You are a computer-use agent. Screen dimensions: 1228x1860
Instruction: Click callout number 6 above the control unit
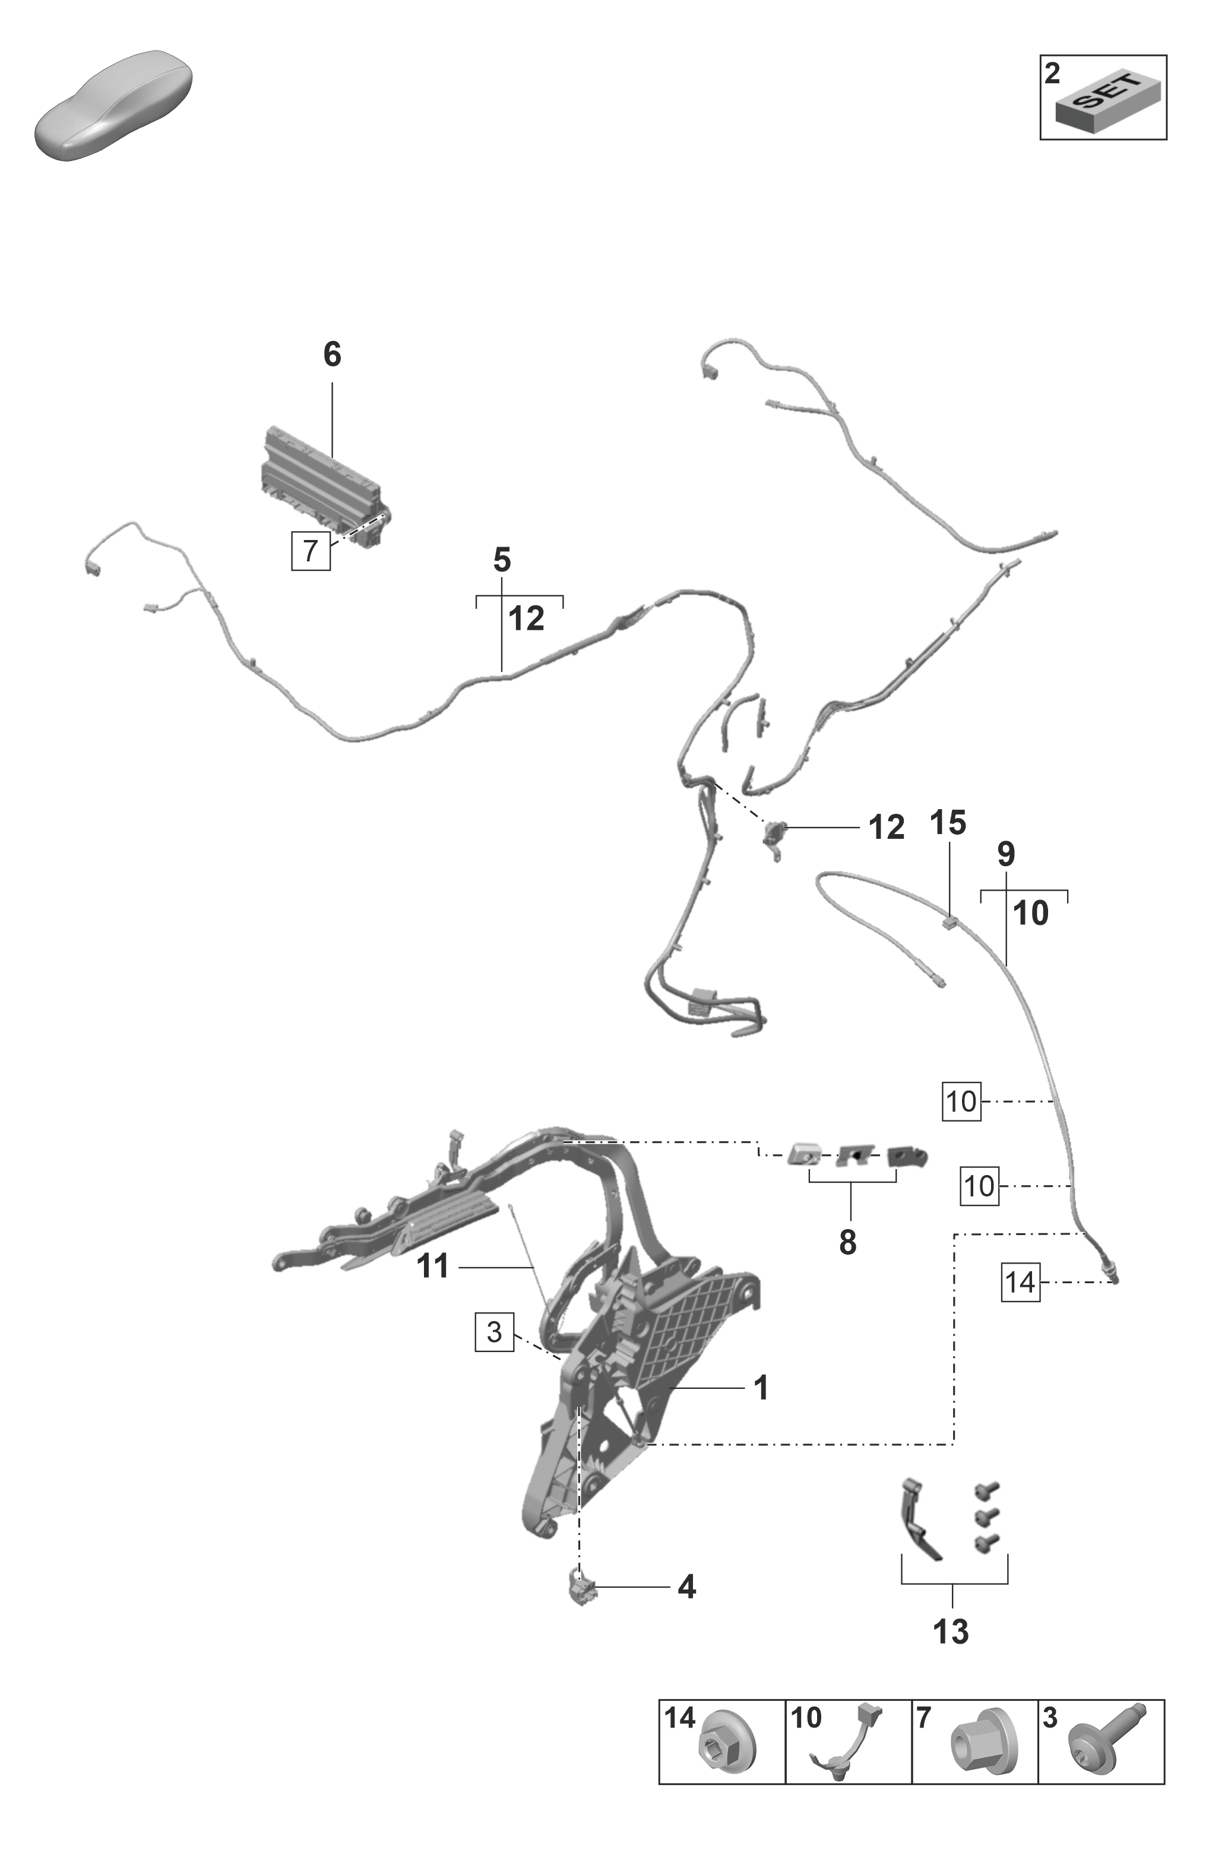click(332, 355)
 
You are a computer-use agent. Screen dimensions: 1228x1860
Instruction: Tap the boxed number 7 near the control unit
click(310, 551)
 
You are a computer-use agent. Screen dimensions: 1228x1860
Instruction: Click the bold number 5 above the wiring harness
click(502, 561)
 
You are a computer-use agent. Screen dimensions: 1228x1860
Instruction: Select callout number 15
click(948, 823)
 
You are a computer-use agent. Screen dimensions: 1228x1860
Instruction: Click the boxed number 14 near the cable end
click(1020, 1283)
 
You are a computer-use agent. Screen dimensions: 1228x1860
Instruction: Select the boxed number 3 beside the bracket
click(494, 1331)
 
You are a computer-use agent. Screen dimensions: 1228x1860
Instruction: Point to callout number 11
click(433, 1266)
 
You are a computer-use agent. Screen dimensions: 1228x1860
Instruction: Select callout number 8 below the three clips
click(847, 1243)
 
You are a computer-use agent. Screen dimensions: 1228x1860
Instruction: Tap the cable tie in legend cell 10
click(850, 1742)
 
